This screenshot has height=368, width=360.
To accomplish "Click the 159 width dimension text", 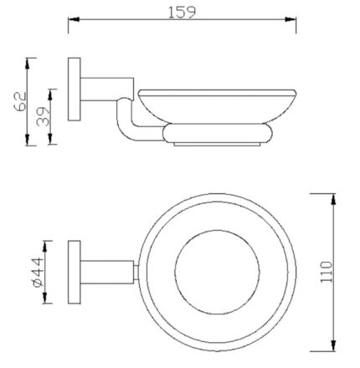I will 183,11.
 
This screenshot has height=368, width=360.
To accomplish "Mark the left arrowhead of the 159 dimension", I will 72,22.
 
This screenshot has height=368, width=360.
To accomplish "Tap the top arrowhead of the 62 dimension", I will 31,61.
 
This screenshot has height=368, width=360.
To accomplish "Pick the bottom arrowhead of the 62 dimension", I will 31,141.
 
